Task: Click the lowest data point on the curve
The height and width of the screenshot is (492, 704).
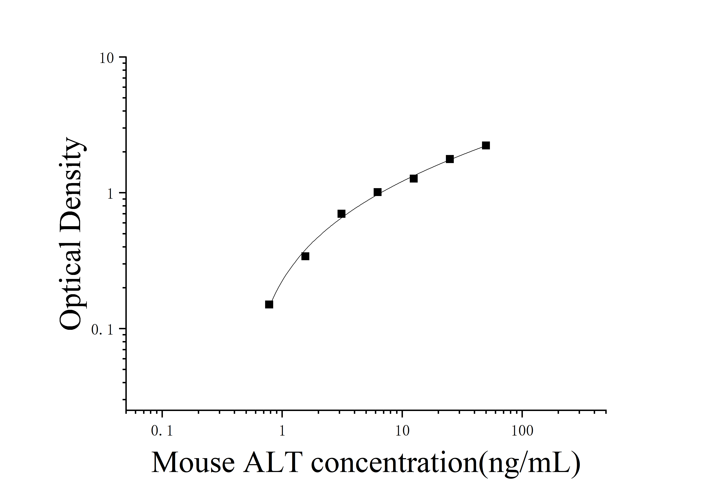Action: (x=269, y=304)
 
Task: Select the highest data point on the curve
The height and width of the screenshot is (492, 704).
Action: (x=486, y=145)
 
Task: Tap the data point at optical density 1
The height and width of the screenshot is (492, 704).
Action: (x=378, y=192)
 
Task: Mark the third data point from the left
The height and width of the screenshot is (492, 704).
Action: (x=341, y=214)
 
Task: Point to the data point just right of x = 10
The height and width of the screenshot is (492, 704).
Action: (x=414, y=178)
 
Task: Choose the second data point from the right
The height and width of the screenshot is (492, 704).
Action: (x=450, y=159)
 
